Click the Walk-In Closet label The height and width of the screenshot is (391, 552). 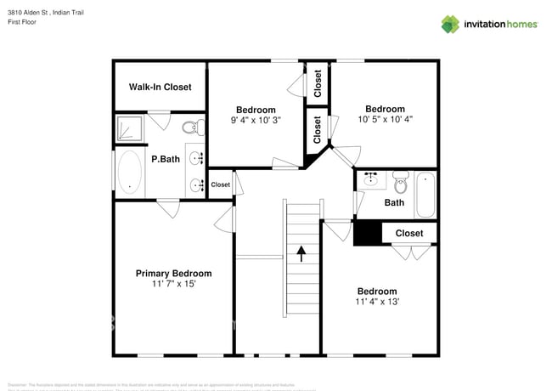(160, 87)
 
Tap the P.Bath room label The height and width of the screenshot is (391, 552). (165, 159)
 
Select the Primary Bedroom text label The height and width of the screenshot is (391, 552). (173, 273)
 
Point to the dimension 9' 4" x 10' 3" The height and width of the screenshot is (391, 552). (255, 121)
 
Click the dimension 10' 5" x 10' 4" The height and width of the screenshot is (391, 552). (385, 120)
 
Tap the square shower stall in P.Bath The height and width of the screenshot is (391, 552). (130, 129)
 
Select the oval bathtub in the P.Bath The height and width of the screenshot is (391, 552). (130, 173)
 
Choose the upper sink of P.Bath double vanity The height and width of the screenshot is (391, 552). (196, 158)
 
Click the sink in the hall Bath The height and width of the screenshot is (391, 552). (371, 180)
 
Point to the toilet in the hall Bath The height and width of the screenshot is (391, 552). (401, 181)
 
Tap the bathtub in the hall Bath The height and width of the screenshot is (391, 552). (425, 195)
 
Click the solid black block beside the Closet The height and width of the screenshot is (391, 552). (367, 232)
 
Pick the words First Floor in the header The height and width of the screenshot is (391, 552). (23, 23)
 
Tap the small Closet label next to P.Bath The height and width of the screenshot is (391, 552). (220, 184)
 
